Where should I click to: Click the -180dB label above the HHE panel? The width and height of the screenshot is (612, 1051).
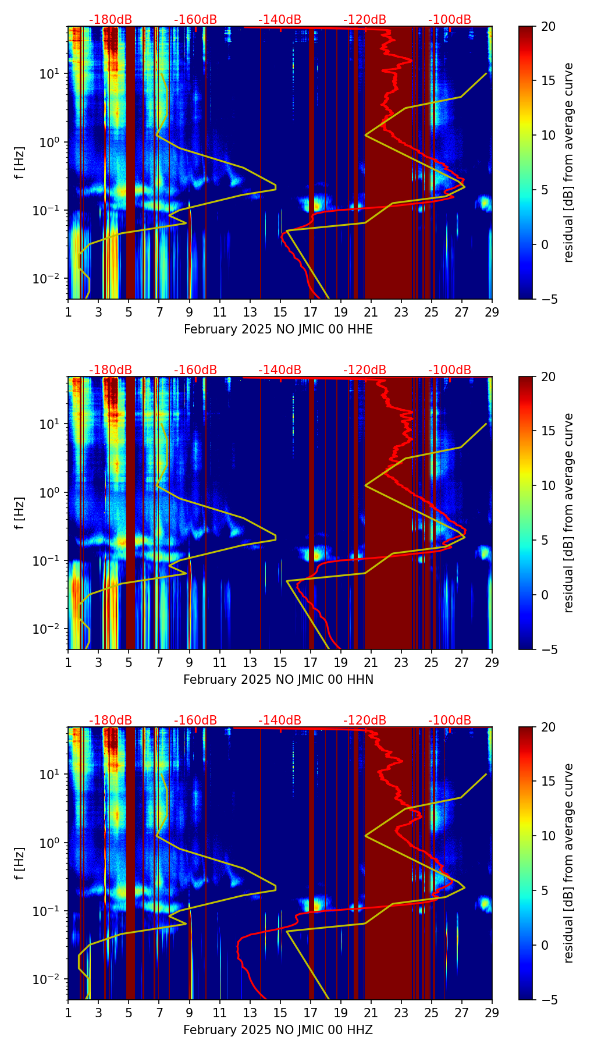(x=111, y=20)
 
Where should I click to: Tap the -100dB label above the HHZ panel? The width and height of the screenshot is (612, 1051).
(x=450, y=720)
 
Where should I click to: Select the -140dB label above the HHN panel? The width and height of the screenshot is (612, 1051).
(x=280, y=370)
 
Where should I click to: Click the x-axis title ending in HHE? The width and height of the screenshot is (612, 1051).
(x=278, y=329)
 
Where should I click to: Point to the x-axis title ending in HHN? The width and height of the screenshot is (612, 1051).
(x=278, y=680)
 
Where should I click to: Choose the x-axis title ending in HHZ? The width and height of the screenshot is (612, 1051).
(x=278, y=1030)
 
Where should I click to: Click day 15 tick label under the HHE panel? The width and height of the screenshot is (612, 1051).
(x=280, y=311)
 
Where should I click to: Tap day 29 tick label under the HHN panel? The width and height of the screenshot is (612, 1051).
(x=492, y=662)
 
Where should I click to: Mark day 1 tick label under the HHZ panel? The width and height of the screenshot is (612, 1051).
(x=69, y=1012)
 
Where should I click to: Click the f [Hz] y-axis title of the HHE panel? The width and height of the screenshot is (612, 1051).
(x=20, y=163)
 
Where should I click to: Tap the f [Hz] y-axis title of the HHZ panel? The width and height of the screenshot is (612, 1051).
(x=20, y=864)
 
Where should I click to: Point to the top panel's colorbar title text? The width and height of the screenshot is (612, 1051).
(x=568, y=163)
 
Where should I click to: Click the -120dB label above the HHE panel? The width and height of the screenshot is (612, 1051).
(x=365, y=20)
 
